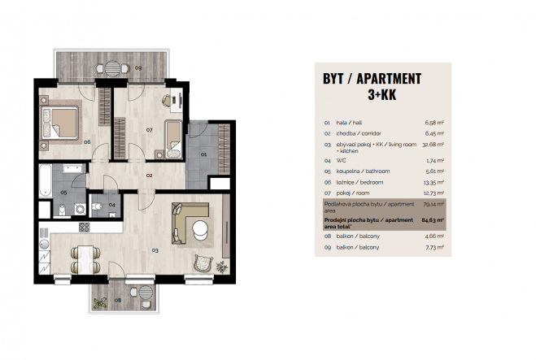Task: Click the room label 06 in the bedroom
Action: [87, 141]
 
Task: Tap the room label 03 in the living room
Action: [155, 250]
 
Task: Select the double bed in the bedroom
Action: [60, 123]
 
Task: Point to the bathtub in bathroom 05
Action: [45, 180]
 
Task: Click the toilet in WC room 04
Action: [98, 206]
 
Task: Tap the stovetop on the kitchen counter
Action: [84, 228]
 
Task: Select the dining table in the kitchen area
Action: [85, 259]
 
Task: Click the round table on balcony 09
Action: [112, 68]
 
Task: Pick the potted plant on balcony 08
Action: [100, 303]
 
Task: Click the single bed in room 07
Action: [174, 139]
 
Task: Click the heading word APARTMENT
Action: [389, 79]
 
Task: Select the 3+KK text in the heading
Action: [381, 94]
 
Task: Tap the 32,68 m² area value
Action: [433, 145]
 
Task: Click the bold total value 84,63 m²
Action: [433, 220]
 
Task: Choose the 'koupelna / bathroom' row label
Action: [363, 171]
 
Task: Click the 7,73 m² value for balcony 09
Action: [435, 247]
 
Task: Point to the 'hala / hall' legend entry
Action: [349, 123]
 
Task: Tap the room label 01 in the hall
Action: [203, 154]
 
